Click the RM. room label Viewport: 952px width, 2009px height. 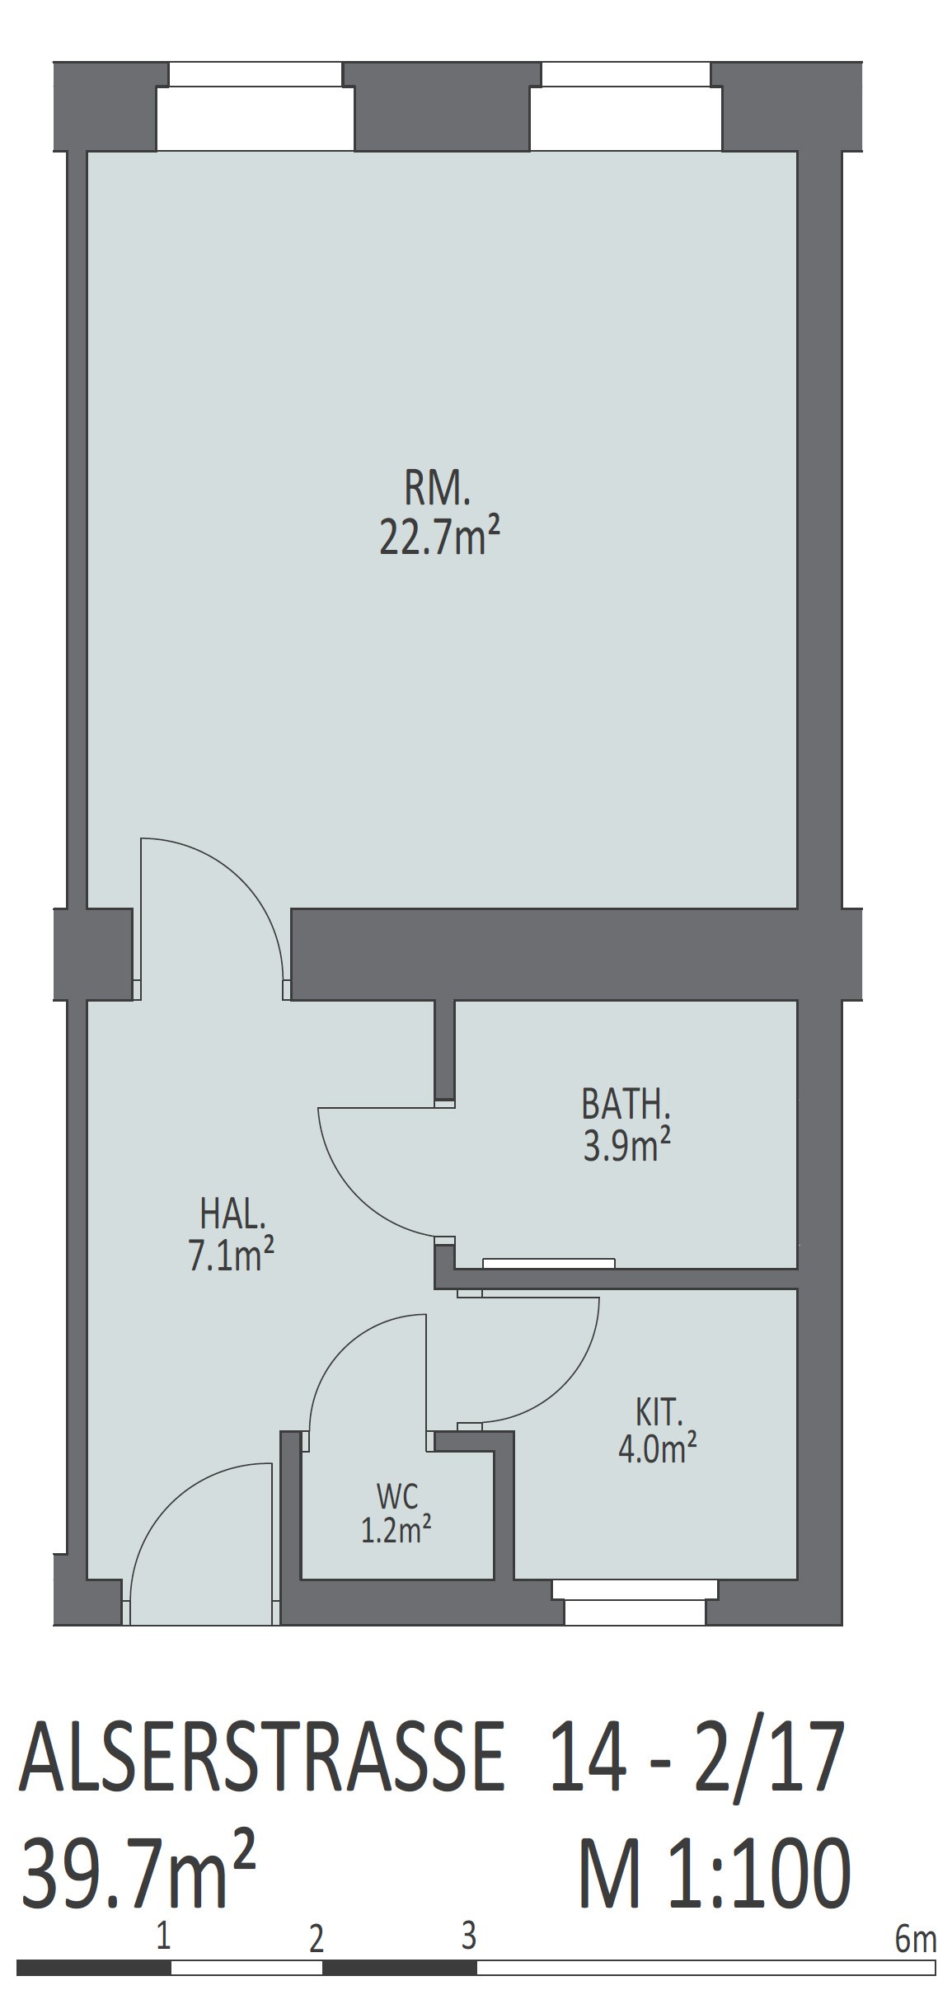coord(437,491)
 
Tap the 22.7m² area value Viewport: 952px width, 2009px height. coord(439,538)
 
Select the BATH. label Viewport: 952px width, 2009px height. coord(626,1105)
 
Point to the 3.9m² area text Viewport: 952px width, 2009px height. coord(626,1146)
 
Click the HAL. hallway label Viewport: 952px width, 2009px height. coord(232,1215)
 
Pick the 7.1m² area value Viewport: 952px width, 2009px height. coord(232,1256)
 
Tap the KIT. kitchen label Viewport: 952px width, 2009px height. coord(659,1414)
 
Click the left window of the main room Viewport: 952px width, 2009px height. coord(256,107)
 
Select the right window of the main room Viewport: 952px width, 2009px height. coord(626,107)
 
